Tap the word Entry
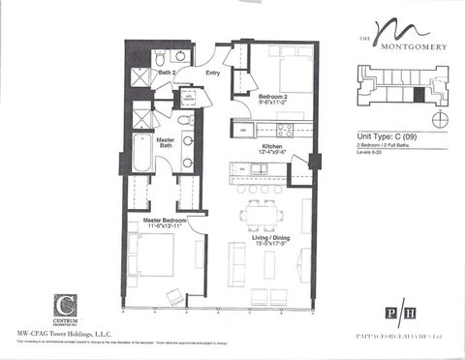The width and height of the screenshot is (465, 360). pos(212,73)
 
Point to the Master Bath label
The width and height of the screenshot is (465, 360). pos(166,143)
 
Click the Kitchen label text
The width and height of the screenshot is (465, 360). pos(271,147)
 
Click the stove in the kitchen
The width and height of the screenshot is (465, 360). pos(286,129)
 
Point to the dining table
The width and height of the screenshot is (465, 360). pos(259,215)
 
